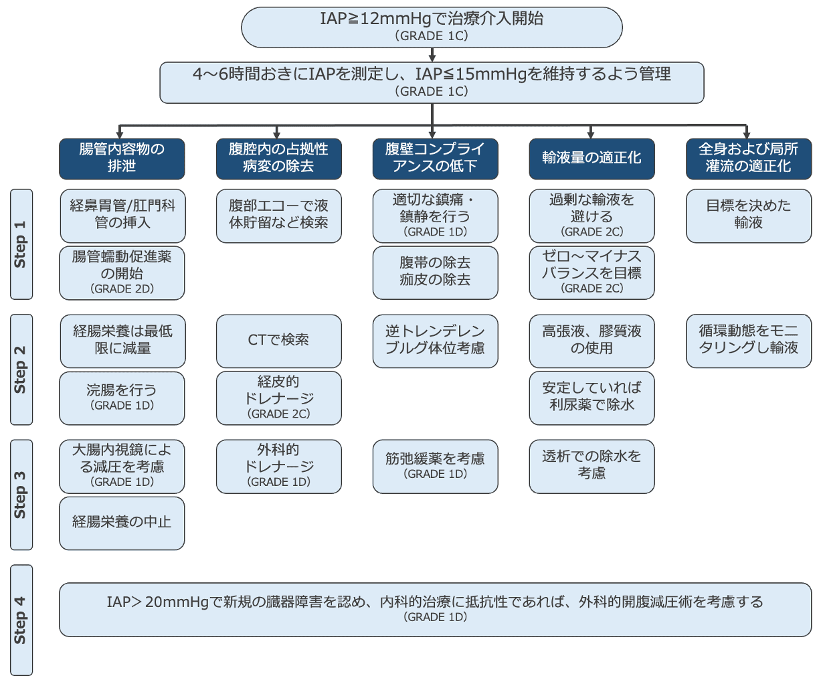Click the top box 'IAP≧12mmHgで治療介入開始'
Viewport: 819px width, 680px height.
(432, 27)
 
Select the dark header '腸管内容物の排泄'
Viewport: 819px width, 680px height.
(122, 159)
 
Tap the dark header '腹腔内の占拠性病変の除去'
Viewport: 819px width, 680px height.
(278, 159)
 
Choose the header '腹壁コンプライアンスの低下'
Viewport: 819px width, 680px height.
(435, 159)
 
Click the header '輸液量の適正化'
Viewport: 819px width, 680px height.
(591, 159)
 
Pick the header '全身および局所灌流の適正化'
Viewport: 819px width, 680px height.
(748, 159)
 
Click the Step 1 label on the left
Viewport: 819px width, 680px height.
(21, 244)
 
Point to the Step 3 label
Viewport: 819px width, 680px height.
(21, 495)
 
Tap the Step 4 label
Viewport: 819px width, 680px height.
(21, 620)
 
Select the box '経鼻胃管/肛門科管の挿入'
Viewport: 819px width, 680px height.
(122, 216)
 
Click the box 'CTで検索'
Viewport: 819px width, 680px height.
(278, 341)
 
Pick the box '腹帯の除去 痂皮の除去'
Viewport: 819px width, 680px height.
(435, 272)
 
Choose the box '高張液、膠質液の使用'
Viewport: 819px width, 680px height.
(591, 341)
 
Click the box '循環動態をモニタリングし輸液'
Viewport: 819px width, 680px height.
(748, 341)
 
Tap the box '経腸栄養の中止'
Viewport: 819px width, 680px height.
(122, 523)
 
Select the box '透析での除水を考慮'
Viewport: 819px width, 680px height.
(591, 466)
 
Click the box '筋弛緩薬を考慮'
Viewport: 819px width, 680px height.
(435, 466)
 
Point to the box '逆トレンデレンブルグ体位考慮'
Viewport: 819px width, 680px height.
(435, 341)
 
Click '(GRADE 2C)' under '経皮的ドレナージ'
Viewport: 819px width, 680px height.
(279, 414)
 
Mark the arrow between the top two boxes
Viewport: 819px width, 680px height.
(432, 55)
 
